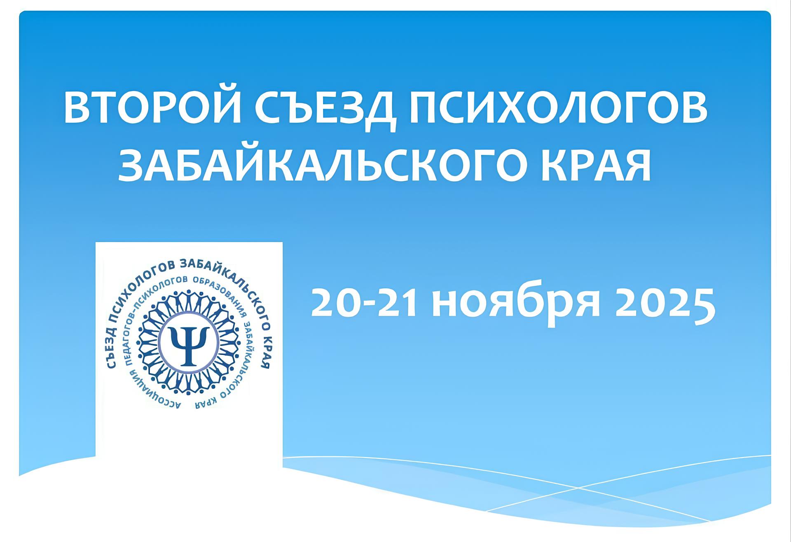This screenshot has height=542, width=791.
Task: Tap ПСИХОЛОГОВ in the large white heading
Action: [558, 109]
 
